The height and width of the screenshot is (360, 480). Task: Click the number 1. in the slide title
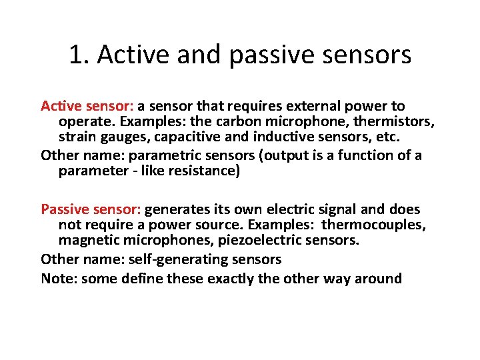[x=79, y=55]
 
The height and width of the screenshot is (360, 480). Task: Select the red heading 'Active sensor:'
[x=88, y=106]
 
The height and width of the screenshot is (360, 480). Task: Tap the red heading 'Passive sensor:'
[x=91, y=209]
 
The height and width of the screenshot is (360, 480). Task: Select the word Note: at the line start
[x=59, y=279]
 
